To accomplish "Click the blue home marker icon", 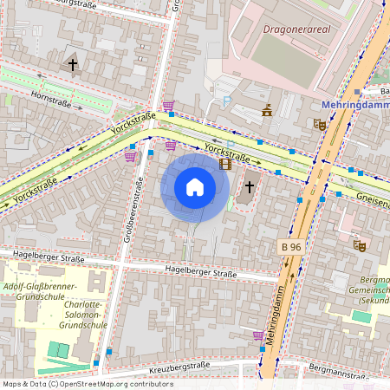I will [195, 187].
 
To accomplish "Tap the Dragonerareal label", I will [297, 28].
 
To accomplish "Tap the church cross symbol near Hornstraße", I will [73, 65].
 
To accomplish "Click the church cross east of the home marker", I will [250, 185].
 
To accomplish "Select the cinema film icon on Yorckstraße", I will [225, 163].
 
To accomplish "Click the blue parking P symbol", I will [227, 101].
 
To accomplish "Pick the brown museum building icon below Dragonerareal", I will [267, 110].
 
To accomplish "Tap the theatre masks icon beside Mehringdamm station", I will [320, 124].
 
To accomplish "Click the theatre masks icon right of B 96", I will [360, 245].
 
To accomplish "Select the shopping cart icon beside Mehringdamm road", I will [258, 335].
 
